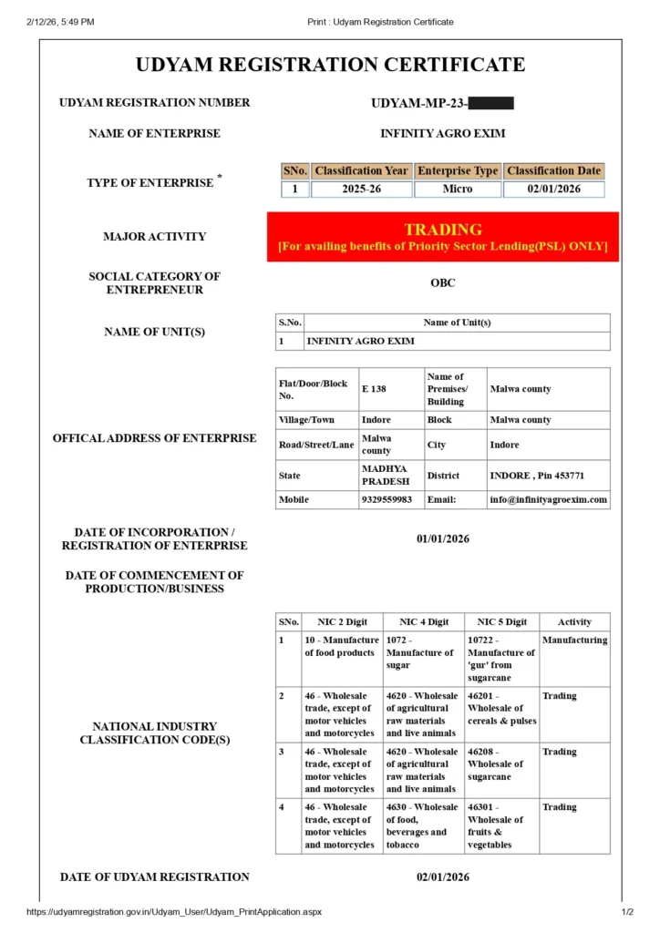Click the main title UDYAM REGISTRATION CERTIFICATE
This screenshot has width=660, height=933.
pyautogui.click(x=330, y=65)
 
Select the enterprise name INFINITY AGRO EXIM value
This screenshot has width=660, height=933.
pyautogui.click(x=442, y=134)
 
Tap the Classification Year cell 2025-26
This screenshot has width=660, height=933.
pyautogui.click(x=361, y=190)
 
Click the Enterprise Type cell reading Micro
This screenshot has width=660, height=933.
pyautogui.click(x=458, y=190)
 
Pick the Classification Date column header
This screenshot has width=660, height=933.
pyautogui.click(x=553, y=170)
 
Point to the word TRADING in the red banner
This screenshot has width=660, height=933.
pyautogui.click(x=443, y=230)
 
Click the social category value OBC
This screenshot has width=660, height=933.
pyautogui.click(x=443, y=283)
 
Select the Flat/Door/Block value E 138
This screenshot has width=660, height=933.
pyautogui.click(x=375, y=389)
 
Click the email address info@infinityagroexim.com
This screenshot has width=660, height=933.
pyautogui.click(x=548, y=500)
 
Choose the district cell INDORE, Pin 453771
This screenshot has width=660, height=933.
pyautogui.click(x=537, y=476)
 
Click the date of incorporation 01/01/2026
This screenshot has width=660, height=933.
pyautogui.click(x=443, y=539)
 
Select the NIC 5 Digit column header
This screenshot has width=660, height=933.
pyautogui.click(x=502, y=622)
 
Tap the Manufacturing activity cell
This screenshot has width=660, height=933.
pyautogui.click(x=574, y=641)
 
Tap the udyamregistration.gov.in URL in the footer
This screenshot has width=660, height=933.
pyautogui.click(x=174, y=912)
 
